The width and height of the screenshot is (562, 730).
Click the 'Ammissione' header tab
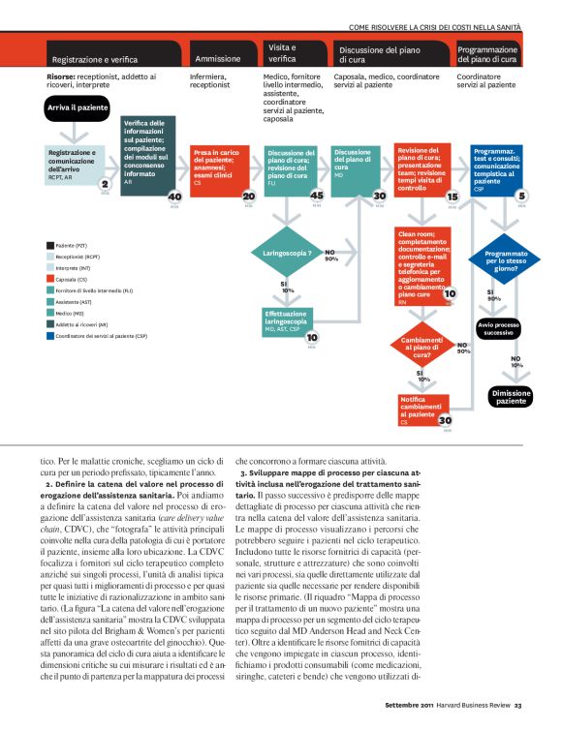(220, 58)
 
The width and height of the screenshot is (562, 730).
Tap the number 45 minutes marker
(317, 197)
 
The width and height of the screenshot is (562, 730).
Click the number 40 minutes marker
(174, 197)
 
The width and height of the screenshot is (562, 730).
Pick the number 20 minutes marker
(247, 197)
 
